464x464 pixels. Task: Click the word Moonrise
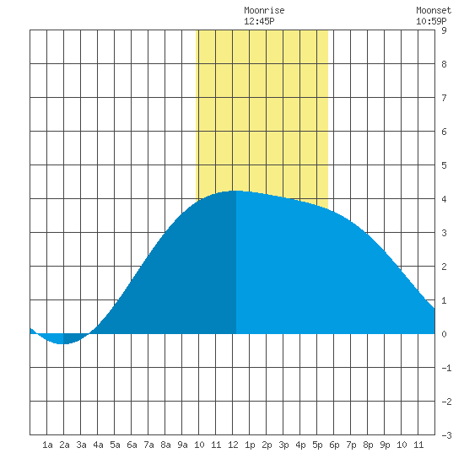point(264,11)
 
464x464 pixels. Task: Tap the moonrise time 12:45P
point(259,21)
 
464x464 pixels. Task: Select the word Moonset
point(434,11)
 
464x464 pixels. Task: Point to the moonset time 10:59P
point(431,21)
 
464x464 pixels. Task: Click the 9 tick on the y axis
point(444,30)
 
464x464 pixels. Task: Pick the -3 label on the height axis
point(446,435)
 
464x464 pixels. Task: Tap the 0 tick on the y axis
point(444,334)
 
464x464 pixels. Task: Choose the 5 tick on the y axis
point(444,165)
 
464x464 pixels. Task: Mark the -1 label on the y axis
point(446,368)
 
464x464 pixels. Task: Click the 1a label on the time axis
point(47,445)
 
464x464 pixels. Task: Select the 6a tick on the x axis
point(132,445)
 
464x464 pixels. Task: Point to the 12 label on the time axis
point(233,445)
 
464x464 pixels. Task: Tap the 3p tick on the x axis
point(283,445)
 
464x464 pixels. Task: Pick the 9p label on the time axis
point(385,445)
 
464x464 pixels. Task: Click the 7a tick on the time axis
point(148,445)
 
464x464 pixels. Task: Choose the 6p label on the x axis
point(334,445)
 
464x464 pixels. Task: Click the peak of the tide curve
point(236,191)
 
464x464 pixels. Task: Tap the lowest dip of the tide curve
point(63,344)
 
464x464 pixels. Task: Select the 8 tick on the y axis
point(444,64)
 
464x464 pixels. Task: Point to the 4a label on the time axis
point(98,445)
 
